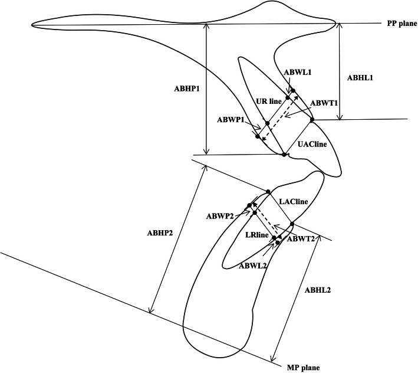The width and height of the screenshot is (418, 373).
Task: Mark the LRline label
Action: pos(256,235)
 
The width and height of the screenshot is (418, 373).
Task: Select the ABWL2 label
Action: pos(254,266)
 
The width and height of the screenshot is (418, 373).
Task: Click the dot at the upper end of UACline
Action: pos(312,120)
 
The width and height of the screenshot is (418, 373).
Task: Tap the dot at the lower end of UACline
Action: pos(284,155)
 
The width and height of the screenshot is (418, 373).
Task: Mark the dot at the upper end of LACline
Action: pos(268,191)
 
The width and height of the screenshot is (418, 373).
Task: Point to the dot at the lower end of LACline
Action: pos(292,224)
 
